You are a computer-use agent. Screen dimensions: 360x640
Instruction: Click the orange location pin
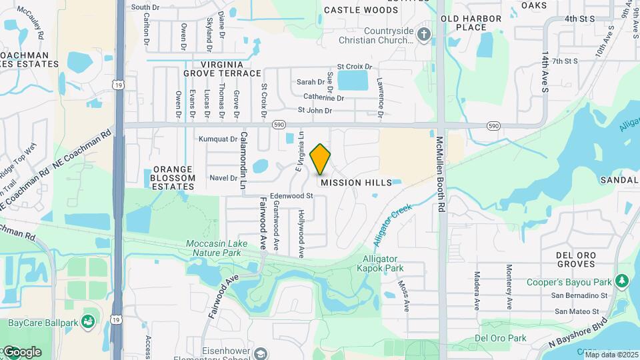(x=321, y=159)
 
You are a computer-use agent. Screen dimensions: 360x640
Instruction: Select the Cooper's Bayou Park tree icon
(x=622, y=280)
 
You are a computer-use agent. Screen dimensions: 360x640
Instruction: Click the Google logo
(x=21, y=352)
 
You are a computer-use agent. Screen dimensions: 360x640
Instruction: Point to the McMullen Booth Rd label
(x=440, y=175)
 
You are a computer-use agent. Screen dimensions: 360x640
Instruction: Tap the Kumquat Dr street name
(x=218, y=139)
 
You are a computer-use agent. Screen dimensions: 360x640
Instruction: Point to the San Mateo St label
(x=581, y=311)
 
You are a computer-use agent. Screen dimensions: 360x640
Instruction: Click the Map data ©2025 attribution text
(x=611, y=355)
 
